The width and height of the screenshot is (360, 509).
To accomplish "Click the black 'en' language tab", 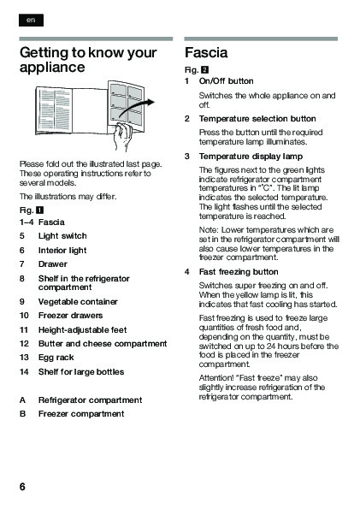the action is pyautogui.click(x=31, y=21).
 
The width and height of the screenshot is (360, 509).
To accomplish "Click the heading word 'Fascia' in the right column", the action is pyautogui.click(x=206, y=52).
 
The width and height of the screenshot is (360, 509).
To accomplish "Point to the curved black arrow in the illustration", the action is pyautogui.click(x=136, y=108).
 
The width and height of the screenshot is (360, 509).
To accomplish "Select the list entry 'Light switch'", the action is pyautogui.click(x=62, y=235).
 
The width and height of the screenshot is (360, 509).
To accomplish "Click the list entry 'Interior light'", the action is pyautogui.click(x=62, y=251).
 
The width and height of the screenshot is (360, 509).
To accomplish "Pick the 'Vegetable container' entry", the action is pyautogui.click(x=78, y=302).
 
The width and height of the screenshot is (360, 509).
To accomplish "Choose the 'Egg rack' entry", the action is pyautogui.click(x=56, y=358).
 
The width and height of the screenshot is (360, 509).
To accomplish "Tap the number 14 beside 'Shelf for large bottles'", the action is pyautogui.click(x=24, y=371).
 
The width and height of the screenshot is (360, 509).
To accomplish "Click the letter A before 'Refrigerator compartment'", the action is pyautogui.click(x=22, y=400).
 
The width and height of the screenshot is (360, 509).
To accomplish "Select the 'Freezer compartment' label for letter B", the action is pyautogui.click(x=81, y=414).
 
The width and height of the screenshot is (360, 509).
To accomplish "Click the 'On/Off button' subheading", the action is pyautogui.click(x=227, y=81).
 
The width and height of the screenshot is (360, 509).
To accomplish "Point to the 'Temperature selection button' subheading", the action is pyautogui.click(x=257, y=119).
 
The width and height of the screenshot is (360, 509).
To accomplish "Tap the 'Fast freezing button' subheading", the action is pyautogui.click(x=239, y=272).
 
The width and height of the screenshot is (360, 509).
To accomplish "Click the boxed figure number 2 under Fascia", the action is pyautogui.click(x=205, y=70).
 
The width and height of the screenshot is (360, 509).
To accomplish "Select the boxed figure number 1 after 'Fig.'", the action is pyautogui.click(x=39, y=210).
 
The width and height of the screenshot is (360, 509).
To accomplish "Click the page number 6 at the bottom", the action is pyautogui.click(x=22, y=487).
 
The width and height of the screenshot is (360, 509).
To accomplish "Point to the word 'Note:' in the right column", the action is pyautogui.click(x=209, y=230).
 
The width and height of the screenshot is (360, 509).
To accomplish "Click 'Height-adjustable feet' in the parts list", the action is pyautogui.click(x=82, y=330).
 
